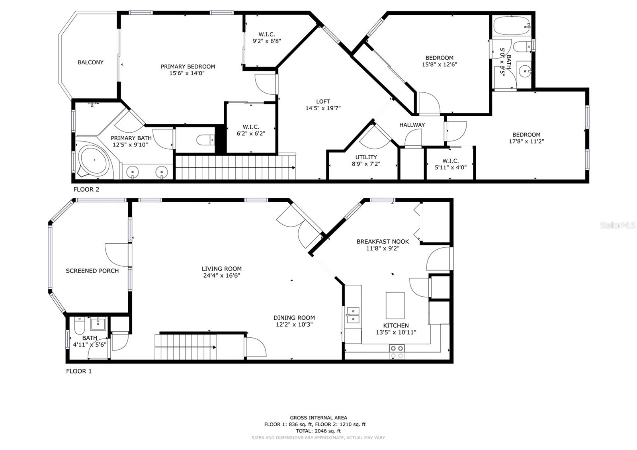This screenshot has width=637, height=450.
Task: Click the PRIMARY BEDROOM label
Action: point(188,67)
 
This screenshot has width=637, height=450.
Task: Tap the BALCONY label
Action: point(90,62)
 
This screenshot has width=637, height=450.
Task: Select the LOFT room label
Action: point(323,102)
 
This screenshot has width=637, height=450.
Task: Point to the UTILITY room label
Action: point(366,157)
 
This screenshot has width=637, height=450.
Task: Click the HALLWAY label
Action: point(412,125)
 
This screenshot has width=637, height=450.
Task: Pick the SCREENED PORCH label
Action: point(92,271)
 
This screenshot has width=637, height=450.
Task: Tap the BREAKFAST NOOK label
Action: point(383,241)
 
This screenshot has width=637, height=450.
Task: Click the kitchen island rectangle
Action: point(395,305)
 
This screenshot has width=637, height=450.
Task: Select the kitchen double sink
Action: point(353,315)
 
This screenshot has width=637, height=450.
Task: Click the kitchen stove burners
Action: point(397,352)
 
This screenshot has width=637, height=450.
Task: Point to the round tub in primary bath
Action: point(94,161)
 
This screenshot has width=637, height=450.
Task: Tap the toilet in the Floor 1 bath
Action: point(79,325)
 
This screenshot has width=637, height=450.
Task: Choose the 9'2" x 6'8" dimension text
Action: point(267,41)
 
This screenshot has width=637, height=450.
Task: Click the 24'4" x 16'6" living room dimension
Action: point(221,275)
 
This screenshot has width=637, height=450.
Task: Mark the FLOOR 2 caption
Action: point(86,190)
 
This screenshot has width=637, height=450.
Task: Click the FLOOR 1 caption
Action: point(79,371)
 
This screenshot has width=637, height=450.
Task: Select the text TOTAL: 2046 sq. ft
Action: point(318,431)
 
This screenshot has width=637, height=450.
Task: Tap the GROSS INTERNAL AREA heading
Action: point(318,418)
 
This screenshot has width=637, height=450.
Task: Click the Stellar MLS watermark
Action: point(617,225)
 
